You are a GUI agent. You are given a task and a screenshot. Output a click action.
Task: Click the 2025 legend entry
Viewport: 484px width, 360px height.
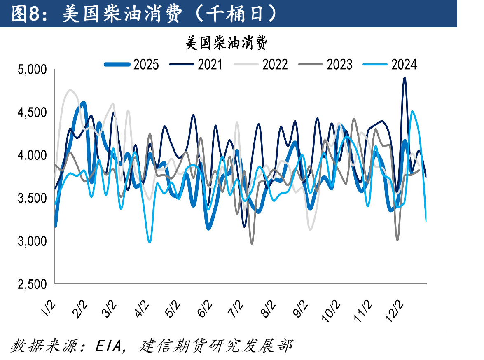click(x=131, y=65)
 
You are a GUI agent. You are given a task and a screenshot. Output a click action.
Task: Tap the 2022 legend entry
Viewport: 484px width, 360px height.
click(x=261, y=65)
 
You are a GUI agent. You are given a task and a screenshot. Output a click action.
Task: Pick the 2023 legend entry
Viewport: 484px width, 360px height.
click(x=325, y=65)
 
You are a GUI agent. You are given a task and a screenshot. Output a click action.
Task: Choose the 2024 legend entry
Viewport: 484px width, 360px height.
click(x=390, y=65)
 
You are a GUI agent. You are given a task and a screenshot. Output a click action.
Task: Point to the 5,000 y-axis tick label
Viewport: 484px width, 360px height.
click(x=32, y=70)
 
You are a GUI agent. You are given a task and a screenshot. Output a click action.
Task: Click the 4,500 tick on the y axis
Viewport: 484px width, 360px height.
click(x=32, y=112)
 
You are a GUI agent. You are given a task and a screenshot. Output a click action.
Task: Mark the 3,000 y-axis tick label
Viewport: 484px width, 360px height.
click(x=32, y=241)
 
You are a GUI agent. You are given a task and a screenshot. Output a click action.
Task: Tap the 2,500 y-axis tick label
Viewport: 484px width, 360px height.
click(x=32, y=284)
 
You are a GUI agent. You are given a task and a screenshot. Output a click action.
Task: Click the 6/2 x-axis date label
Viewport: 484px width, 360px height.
click(x=205, y=309)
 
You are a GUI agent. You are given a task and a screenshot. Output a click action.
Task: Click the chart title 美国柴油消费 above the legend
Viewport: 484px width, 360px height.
click(x=226, y=42)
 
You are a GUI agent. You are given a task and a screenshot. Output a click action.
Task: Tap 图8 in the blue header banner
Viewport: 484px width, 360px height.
click(x=25, y=14)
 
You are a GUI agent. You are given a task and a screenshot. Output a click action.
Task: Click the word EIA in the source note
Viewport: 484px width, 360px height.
click(x=108, y=346)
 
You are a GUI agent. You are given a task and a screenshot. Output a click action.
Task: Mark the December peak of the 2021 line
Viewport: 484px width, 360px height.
click(x=405, y=78)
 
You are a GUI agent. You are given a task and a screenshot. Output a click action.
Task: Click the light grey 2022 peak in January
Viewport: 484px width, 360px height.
click(x=70, y=90)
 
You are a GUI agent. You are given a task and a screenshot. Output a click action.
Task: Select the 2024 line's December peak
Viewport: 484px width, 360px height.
click(x=412, y=111)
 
